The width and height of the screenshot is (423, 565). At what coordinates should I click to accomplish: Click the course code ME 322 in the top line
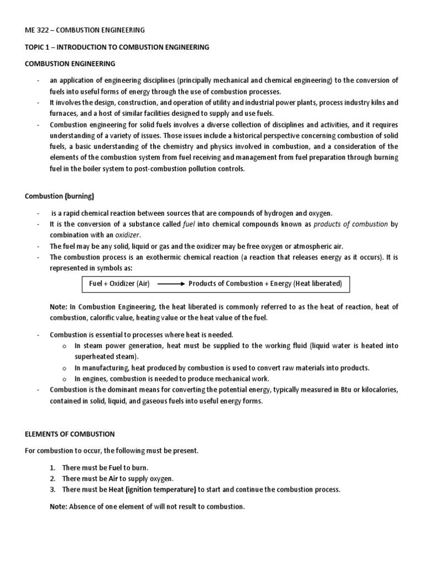38,30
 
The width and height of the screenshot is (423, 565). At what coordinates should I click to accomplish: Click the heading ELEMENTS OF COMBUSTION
70,434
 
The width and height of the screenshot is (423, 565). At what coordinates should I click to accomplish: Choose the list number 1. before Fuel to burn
53,467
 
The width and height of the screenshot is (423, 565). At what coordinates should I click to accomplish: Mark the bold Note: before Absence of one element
58,506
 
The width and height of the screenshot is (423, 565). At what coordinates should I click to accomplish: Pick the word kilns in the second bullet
388,103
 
